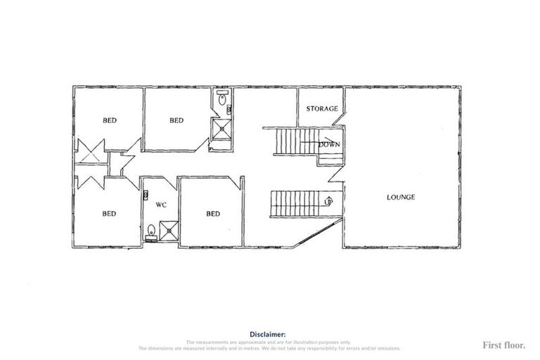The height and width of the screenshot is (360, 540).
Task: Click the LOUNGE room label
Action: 401,197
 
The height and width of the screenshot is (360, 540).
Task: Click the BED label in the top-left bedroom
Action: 110,120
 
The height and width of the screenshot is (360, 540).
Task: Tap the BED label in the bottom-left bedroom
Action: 109,214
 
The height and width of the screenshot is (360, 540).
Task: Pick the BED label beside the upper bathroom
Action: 176,120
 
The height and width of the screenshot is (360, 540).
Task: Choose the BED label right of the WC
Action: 213,214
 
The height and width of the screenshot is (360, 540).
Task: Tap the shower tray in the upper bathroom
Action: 222,129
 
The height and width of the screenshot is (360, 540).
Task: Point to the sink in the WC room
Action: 146,194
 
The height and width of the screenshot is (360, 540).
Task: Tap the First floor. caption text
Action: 503,345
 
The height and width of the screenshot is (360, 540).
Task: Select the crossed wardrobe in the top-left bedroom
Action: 91,150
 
